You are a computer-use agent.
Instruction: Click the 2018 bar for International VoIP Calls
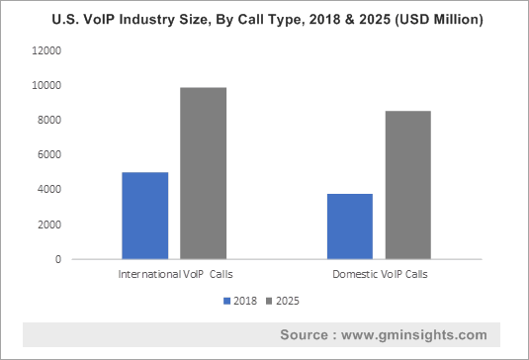click(144, 216)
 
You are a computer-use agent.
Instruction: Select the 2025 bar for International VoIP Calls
click(203, 173)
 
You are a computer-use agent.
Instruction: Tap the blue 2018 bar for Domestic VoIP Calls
click(349, 226)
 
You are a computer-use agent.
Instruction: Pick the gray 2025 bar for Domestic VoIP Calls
click(407, 185)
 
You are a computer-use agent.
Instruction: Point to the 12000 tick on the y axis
click(45, 51)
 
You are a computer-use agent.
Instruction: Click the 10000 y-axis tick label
click(45, 86)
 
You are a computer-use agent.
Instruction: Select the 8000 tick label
click(48, 121)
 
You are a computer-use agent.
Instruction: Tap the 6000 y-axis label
click(48, 155)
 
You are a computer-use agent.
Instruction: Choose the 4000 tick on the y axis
click(48, 190)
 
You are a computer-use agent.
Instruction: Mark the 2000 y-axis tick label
click(48, 225)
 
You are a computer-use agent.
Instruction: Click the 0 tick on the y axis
click(57, 259)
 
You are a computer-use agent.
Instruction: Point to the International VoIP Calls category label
click(174, 273)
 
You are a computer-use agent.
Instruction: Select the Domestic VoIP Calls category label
click(379, 273)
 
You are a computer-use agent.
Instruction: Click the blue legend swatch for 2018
click(228, 300)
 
